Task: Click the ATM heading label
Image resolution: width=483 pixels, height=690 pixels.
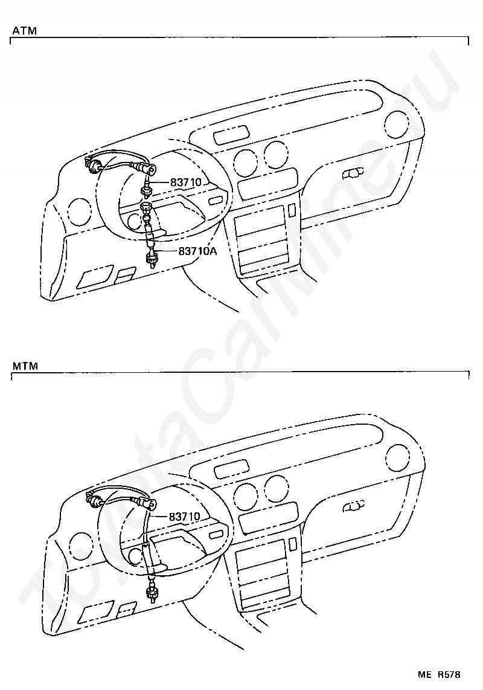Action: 23,30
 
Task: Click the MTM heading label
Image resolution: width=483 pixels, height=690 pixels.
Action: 24,366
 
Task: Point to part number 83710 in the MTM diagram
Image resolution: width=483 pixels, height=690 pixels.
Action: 184,517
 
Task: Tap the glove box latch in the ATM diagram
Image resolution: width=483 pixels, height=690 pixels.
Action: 353,174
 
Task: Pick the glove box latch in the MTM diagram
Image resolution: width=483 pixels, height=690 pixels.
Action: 354,506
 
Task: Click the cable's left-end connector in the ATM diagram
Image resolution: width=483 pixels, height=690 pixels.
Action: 94,164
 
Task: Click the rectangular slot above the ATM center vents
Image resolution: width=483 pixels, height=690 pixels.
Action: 231,135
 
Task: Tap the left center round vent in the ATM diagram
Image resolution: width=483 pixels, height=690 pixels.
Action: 246,160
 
